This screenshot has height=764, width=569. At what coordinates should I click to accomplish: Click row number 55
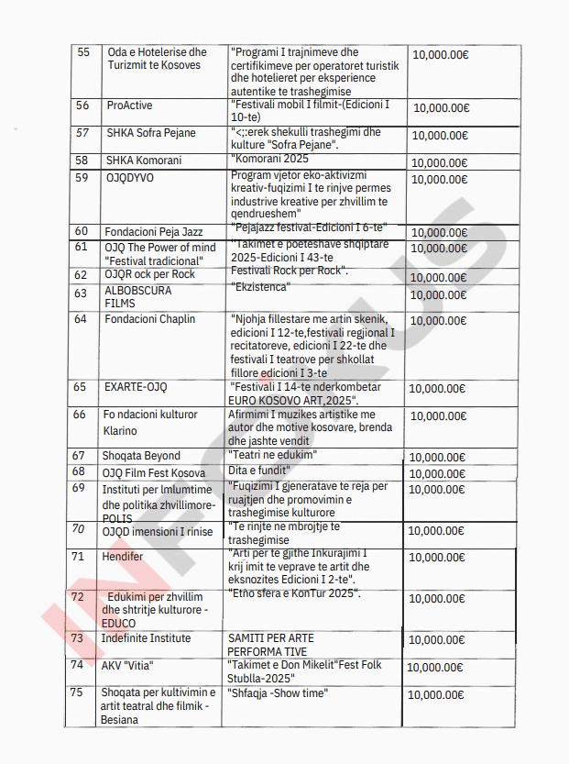(x=84, y=52)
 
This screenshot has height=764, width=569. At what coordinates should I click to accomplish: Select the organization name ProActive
(x=128, y=105)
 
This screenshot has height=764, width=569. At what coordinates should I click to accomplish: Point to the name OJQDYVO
(x=130, y=177)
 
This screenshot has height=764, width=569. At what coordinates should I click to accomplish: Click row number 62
(x=82, y=274)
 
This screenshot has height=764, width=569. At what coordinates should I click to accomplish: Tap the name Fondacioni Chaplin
(x=151, y=319)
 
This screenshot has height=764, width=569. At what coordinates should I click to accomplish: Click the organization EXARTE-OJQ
(x=136, y=387)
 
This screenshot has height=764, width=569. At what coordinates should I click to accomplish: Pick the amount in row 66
(x=439, y=415)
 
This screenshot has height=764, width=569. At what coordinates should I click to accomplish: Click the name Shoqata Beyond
(x=141, y=456)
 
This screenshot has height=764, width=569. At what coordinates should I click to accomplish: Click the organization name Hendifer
(x=123, y=557)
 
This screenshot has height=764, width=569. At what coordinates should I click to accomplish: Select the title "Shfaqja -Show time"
(x=279, y=693)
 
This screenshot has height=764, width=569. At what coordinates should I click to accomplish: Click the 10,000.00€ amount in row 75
(x=437, y=695)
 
